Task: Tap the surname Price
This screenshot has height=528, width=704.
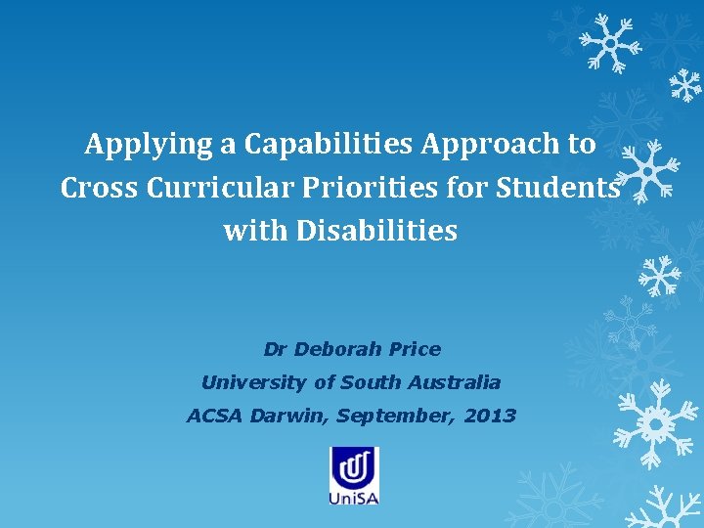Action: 415,349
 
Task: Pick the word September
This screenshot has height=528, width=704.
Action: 395,416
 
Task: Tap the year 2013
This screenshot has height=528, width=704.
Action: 490,416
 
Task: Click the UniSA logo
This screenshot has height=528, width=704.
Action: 354,475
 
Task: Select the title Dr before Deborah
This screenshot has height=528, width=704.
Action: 276,349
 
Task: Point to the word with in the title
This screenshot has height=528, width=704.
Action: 248,232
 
